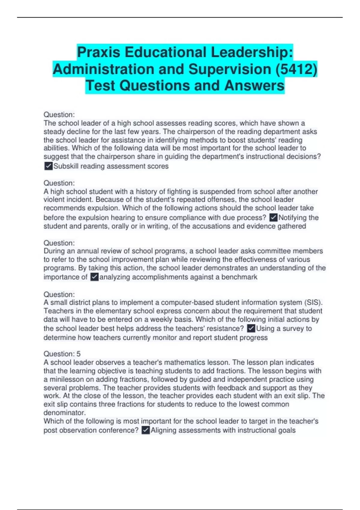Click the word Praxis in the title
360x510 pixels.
click(99, 52)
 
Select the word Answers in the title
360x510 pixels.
click(254, 85)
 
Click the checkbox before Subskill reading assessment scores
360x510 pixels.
click(48, 166)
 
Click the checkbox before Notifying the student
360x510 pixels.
click(273, 217)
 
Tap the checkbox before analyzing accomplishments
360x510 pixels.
click(94, 277)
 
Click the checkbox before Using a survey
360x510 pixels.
click(251, 328)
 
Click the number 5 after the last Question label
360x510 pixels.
click(79, 354)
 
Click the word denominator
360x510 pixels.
click(64, 412)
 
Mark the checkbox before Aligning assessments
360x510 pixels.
click(145, 430)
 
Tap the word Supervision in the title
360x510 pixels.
click(229, 69)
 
